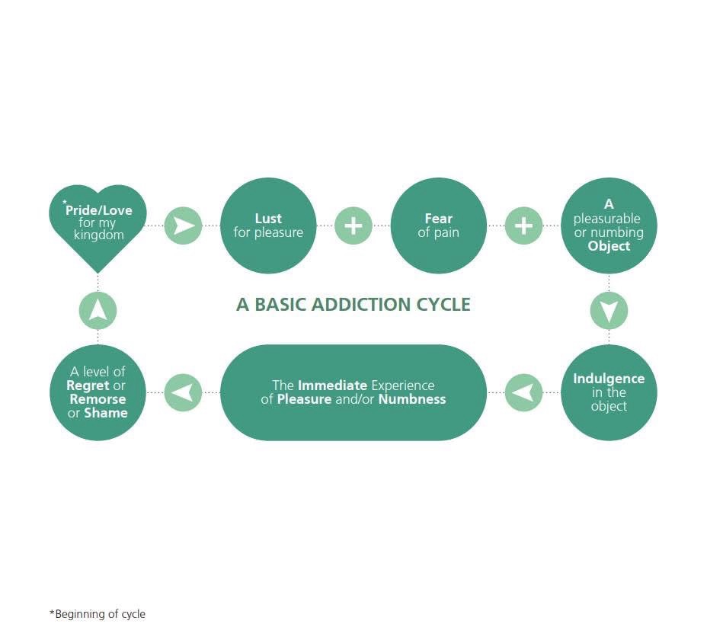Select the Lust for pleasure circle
pyautogui.click(x=268, y=226)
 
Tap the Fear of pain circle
pyautogui.click(x=438, y=226)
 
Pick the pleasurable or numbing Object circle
pyautogui.click(x=609, y=226)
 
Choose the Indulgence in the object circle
pyautogui.click(x=609, y=392)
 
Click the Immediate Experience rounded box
pyautogui.click(x=353, y=392)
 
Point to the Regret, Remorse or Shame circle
pyautogui.click(x=98, y=392)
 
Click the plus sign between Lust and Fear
pyautogui.click(x=353, y=226)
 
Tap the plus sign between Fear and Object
pyautogui.click(x=523, y=226)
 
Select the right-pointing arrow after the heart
pyautogui.click(x=183, y=226)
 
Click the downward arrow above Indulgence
pyautogui.click(x=609, y=310)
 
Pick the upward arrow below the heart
pyautogui.click(x=98, y=310)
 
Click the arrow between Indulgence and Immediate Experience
pyautogui.click(x=523, y=392)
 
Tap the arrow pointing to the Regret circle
pyautogui.click(x=183, y=392)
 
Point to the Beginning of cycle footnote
pyautogui.click(x=97, y=614)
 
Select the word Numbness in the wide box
pyautogui.click(x=412, y=399)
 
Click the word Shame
pyautogui.click(x=106, y=413)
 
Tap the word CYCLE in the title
pyautogui.click(x=443, y=305)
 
